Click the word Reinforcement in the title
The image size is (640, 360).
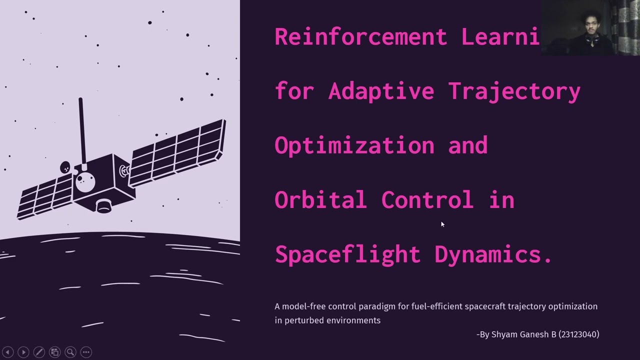[x=360, y=37]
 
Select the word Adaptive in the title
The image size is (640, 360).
[x=381, y=91]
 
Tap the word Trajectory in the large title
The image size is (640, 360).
[x=514, y=91]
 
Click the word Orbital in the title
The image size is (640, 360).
[x=320, y=199]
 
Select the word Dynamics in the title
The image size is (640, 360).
[x=493, y=254]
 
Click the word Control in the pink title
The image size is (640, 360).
[x=427, y=199]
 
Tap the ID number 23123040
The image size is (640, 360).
[x=578, y=334]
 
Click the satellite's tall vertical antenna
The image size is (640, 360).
[x=81, y=130]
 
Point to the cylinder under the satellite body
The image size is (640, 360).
[x=104, y=205]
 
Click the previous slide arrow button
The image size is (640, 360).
[x=7, y=352]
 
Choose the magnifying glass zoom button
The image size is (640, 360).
[x=70, y=352]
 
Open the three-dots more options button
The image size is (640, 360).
[x=86, y=352]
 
